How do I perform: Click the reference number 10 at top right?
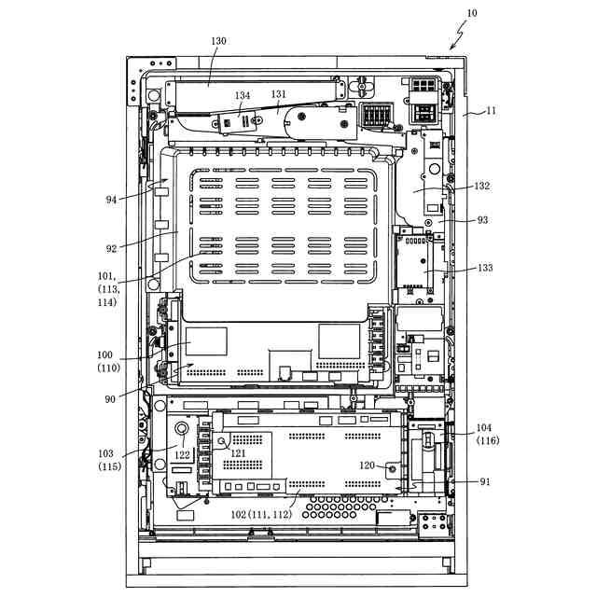point(471,13)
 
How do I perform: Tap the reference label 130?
point(218,41)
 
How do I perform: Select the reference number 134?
point(243,96)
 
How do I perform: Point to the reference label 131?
point(279,95)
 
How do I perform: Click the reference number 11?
point(492,111)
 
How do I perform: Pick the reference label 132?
point(481,186)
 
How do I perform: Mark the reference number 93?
point(482,220)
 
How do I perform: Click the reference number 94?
point(111,199)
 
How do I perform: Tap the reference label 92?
point(111,248)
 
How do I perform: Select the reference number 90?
point(111,399)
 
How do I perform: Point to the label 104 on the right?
point(484,427)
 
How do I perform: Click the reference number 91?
point(484,482)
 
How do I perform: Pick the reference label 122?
point(181,454)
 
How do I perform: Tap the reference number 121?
point(239,452)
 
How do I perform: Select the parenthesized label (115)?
point(108,466)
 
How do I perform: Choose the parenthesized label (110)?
point(108,368)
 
